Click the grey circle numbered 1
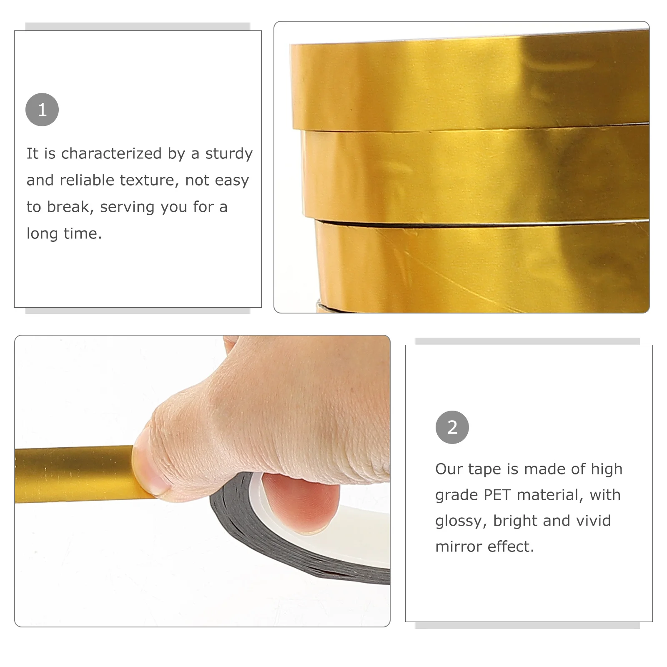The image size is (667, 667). coord(42,110)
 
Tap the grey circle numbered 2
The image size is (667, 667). coord(452,427)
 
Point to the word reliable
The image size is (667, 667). coord(87,180)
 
